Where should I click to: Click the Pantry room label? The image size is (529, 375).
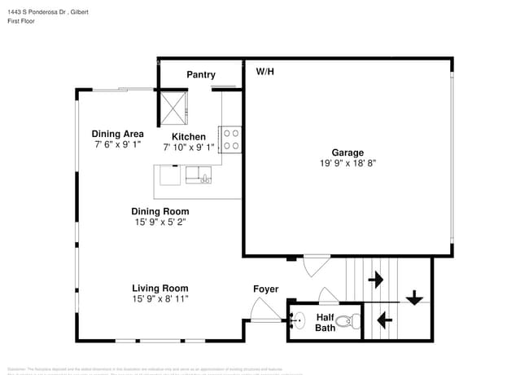[x=200, y=75]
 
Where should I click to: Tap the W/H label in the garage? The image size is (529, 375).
[x=265, y=72]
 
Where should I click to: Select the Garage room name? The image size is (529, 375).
[x=348, y=152]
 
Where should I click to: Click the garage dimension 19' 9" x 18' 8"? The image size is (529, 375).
[x=348, y=163]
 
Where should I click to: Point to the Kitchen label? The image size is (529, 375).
[x=188, y=137]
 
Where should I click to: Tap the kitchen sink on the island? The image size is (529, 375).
[x=198, y=174]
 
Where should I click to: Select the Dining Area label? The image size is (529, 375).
[x=117, y=134]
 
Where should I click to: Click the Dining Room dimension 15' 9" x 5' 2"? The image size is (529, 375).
[x=161, y=222]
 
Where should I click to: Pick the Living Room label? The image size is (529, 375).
[x=160, y=288]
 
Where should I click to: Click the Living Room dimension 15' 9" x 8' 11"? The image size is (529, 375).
[x=160, y=299]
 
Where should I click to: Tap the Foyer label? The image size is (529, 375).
[x=265, y=289]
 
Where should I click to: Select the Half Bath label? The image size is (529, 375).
[x=325, y=323]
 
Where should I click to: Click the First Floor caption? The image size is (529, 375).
[x=24, y=23]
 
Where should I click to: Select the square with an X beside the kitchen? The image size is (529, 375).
[x=173, y=105]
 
